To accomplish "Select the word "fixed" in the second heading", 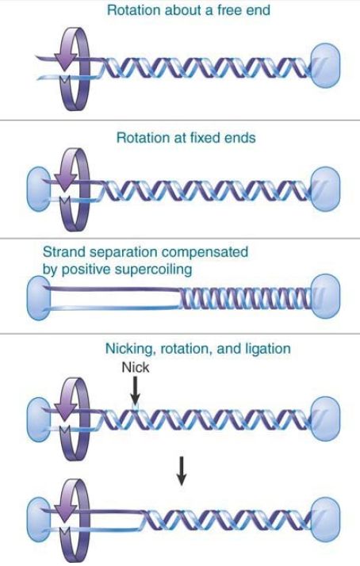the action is pyautogui.click(x=205, y=138).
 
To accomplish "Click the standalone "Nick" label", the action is pyautogui.click(x=135, y=368).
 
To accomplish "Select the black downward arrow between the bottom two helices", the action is pyautogui.click(x=182, y=471).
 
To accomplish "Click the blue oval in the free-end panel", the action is pyautogui.click(x=325, y=66).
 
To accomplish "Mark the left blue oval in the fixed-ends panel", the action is pyautogui.click(x=39, y=189).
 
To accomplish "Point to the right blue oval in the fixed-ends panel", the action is pyautogui.click(x=325, y=189).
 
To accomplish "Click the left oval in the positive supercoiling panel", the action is pyautogui.click(x=39, y=297).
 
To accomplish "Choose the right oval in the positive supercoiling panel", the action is pyautogui.click(x=325, y=296).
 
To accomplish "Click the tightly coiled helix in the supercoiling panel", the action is pyautogui.click(x=246, y=298).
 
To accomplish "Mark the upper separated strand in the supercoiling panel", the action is pyautogui.click(x=113, y=289).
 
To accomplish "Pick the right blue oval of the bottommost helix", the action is pyautogui.click(x=325, y=520).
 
